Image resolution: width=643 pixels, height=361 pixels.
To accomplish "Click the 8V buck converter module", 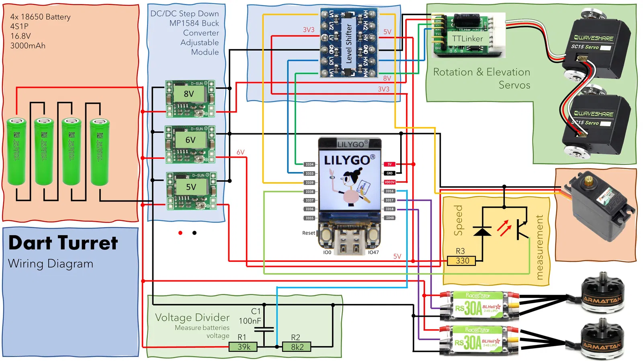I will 190,98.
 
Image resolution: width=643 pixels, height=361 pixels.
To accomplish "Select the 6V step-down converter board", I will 190,144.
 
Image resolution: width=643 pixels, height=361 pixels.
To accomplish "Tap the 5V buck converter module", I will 191,191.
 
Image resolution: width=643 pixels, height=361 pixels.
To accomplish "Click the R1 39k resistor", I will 243,347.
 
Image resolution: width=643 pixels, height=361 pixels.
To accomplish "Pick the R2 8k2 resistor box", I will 297,347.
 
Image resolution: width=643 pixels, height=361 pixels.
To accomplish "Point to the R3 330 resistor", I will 461,261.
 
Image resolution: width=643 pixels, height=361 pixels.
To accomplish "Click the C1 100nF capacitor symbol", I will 264,329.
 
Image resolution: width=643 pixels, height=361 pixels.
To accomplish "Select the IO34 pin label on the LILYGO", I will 309,164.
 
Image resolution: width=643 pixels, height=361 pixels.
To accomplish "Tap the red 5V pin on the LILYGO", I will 389,164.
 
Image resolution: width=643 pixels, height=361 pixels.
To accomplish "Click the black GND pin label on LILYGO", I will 389,173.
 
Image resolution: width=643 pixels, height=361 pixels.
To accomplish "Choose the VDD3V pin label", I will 389,182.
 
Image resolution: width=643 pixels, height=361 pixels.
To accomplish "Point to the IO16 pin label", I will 389,191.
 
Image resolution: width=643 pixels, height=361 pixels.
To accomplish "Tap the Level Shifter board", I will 349,43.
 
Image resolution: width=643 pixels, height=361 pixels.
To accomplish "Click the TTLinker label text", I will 467,39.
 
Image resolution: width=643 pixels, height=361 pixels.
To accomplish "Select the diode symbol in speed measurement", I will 482,232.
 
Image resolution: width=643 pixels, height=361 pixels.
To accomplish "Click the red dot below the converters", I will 180,233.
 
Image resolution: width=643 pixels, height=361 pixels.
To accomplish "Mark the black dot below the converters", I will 195,233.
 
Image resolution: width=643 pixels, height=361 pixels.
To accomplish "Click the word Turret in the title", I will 88,243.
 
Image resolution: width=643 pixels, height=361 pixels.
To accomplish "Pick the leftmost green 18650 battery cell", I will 16,151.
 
